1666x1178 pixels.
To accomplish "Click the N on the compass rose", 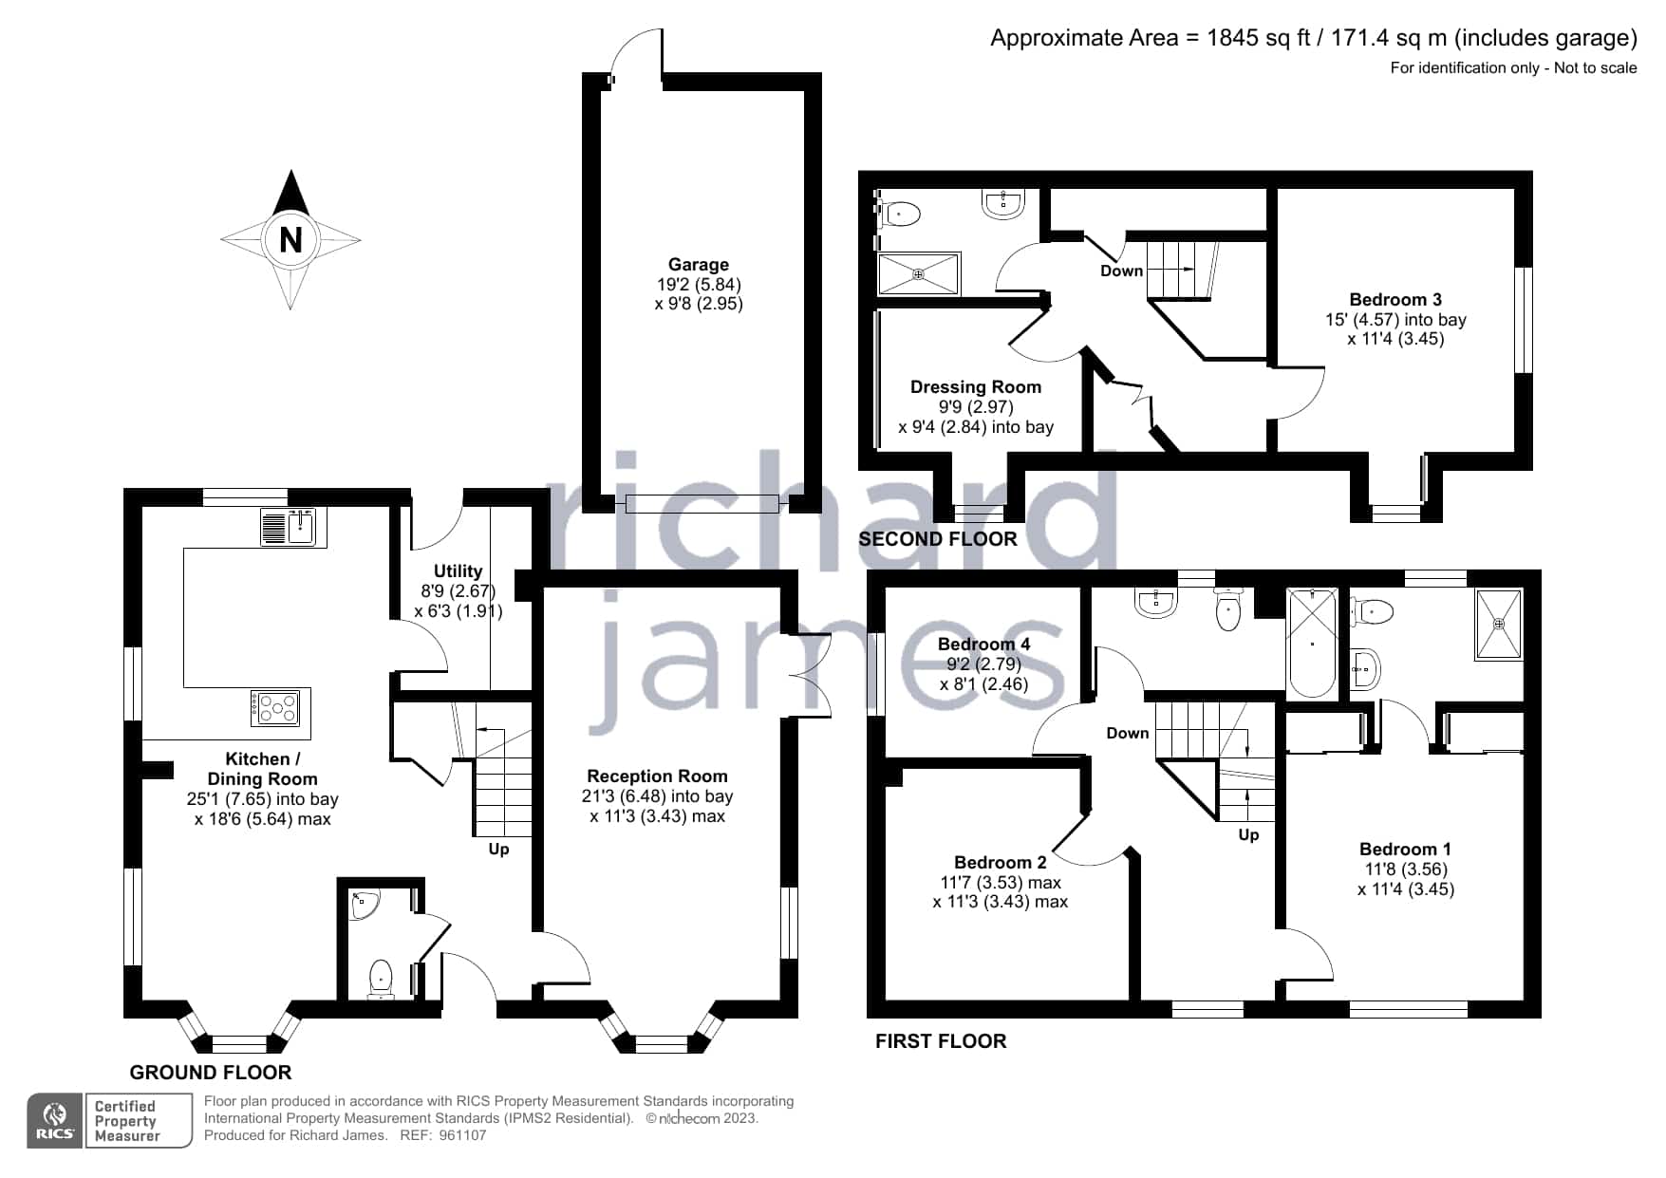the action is [x=290, y=240].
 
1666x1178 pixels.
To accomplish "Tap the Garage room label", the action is [x=699, y=265].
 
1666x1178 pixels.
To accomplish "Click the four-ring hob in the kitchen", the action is [x=279, y=707].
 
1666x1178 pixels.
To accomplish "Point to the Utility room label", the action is [x=458, y=570].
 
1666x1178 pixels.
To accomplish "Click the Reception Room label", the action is [x=657, y=776].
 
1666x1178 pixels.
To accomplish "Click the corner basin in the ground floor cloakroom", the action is [x=363, y=905].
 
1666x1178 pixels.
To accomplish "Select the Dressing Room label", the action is [x=976, y=386].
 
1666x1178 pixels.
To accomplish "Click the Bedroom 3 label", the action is [x=1395, y=299].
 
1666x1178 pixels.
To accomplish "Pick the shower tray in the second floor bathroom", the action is [x=919, y=274].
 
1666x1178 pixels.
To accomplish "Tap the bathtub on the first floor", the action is [x=1313, y=644].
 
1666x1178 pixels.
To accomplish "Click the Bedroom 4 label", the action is [x=983, y=644].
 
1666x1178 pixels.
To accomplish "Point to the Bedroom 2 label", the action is [x=1000, y=862].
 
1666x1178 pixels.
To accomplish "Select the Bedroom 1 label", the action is [x=1405, y=849].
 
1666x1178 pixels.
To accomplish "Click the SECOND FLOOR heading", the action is [x=937, y=539].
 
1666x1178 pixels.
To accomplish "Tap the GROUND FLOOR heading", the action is [x=210, y=1073].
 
